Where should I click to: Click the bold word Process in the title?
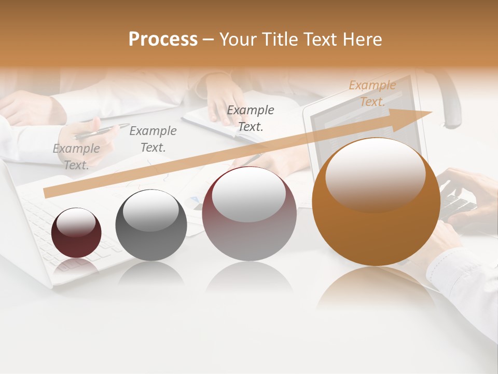click(163, 39)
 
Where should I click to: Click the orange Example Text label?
click(372, 94)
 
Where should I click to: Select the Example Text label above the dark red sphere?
click(76, 156)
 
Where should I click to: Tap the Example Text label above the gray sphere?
click(153, 139)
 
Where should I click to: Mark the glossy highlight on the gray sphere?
click(151, 210)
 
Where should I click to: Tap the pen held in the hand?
click(101, 131)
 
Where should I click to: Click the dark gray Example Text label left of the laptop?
click(251, 118)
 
